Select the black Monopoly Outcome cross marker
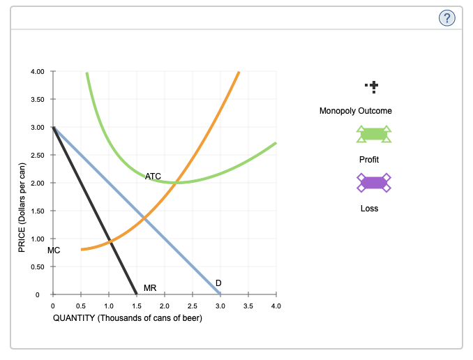(374, 87)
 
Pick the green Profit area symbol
(373, 134)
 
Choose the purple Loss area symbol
(373, 183)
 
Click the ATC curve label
(153, 177)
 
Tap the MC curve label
(54, 250)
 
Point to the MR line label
(150, 287)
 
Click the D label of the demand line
(218, 282)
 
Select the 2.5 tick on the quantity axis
(193, 306)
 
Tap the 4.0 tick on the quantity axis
(276, 306)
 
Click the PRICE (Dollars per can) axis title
(22, 207)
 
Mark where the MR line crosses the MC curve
(110, 241)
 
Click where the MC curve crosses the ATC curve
(177, 183)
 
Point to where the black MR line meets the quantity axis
(137, 294)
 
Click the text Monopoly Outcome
(355, 111)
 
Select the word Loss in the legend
(369, 209)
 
